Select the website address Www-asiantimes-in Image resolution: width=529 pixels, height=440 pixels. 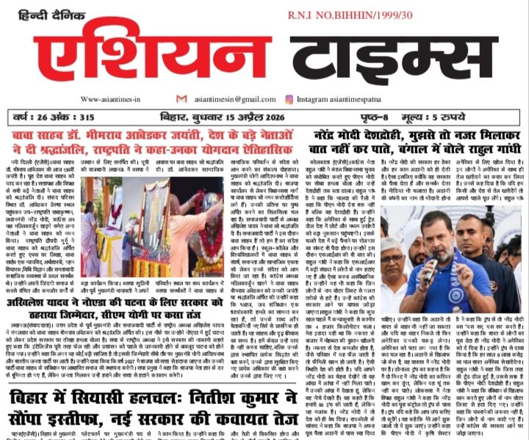tap(109, 99)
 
